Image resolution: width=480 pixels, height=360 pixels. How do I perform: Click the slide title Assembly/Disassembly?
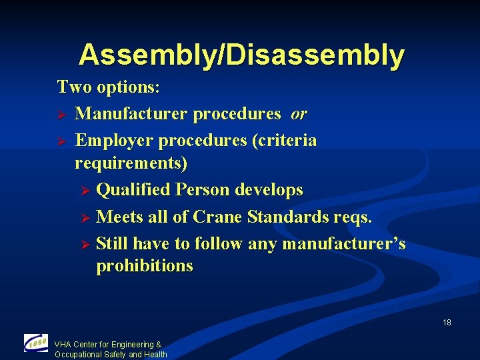[241, 55]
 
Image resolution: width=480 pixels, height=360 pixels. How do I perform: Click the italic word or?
[298, 114]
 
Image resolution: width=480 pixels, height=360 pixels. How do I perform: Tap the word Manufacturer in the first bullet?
[131, 114]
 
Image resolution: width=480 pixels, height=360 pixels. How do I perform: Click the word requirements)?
[131, 163]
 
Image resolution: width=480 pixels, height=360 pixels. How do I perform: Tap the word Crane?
[218, 217]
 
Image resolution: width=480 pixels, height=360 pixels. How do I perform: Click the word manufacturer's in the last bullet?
[343, 244]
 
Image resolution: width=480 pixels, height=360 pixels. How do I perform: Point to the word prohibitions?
[145, 266]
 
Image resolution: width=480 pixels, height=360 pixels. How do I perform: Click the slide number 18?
[447, 323]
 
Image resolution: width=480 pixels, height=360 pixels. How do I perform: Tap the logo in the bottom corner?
[35, 343]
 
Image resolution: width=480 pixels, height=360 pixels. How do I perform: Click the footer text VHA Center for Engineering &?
[108, 345]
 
